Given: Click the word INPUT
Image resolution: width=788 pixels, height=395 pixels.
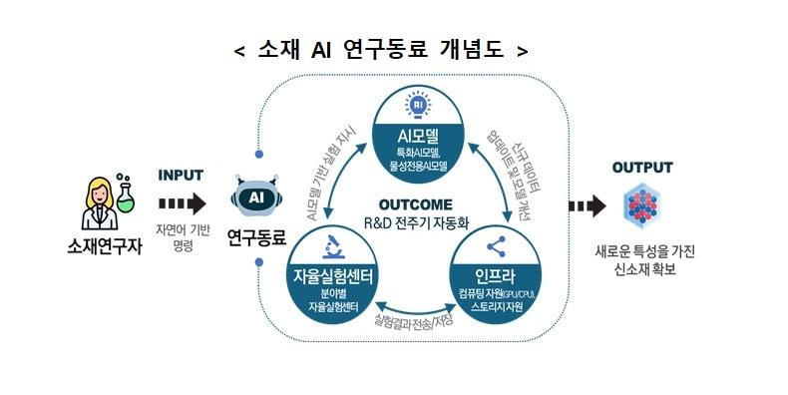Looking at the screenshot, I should [181, 176].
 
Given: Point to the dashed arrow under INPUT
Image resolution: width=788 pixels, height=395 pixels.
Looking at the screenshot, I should [182, 204].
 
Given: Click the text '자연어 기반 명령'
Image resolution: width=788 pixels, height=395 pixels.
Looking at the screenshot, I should [182, 237].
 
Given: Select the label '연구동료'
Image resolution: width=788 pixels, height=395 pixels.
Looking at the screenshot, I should [256, 237].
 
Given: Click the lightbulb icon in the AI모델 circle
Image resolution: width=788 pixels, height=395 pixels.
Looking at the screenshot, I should [417, 104].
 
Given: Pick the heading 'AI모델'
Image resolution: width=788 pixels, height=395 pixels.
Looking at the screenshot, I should [418, 135].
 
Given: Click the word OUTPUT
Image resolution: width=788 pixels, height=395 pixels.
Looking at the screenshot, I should [642, 167].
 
